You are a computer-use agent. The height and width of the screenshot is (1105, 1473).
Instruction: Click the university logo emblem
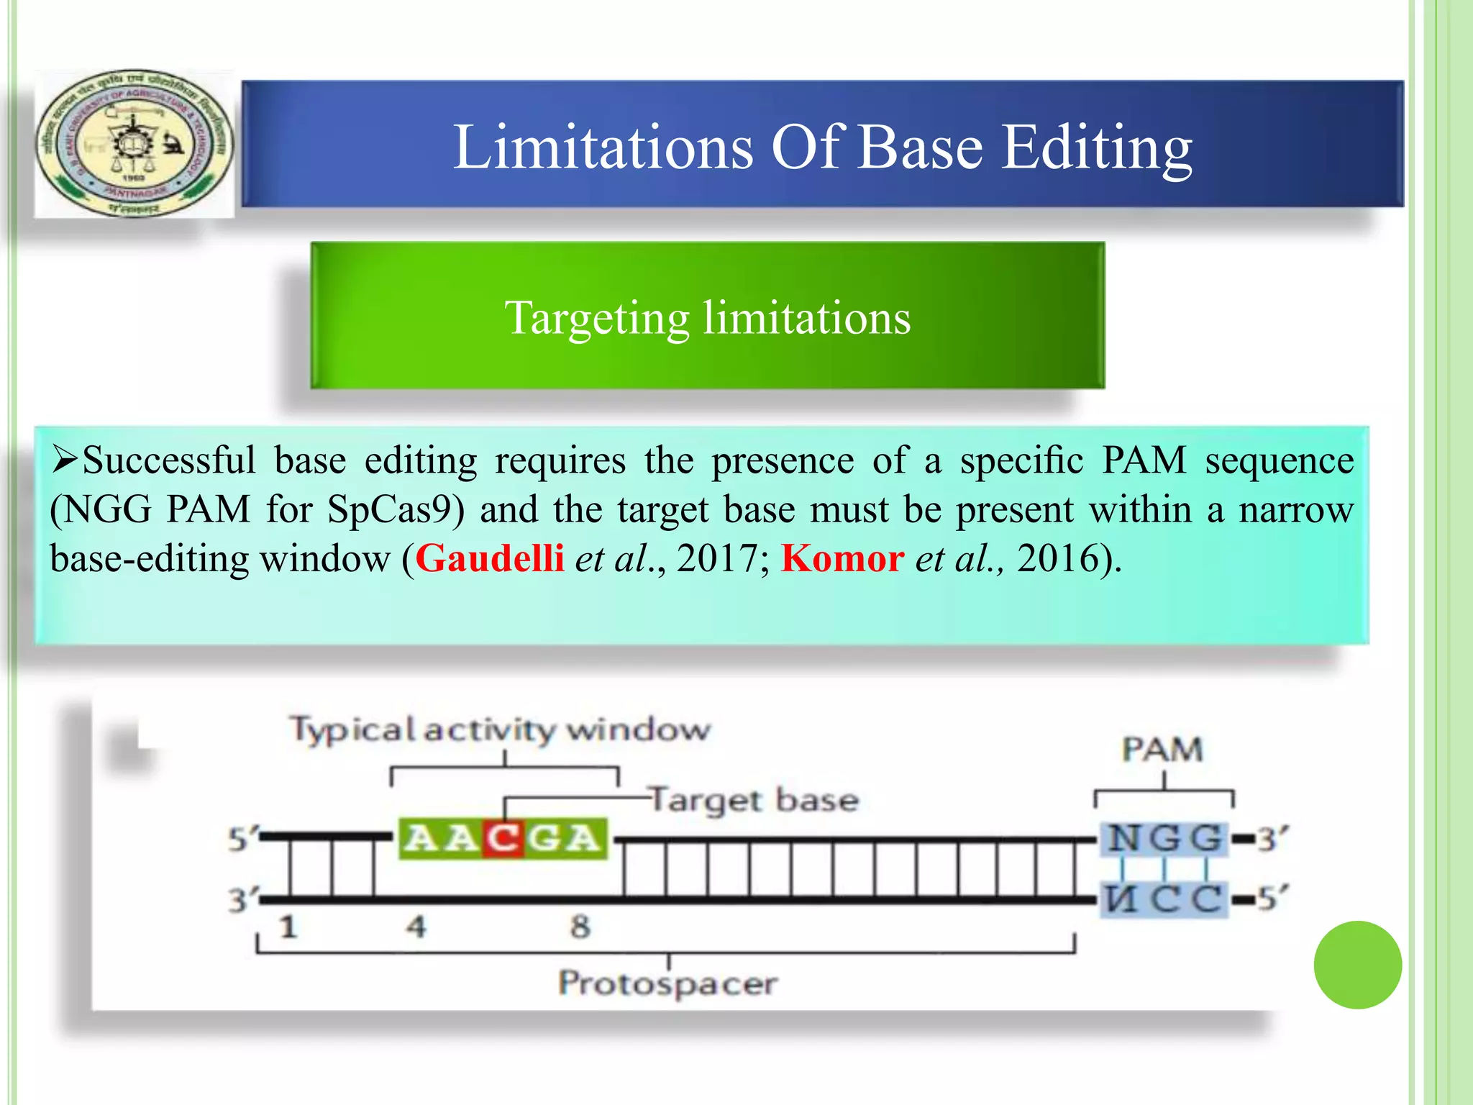coord(134,144)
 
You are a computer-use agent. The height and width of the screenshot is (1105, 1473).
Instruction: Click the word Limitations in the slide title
coord(603,147)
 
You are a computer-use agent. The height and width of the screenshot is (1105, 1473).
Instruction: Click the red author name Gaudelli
coord(490,558)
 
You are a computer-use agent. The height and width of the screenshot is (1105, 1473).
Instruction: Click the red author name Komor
coord(842,558)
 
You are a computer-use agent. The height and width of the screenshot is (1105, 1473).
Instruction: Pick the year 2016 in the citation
coord(1057,558)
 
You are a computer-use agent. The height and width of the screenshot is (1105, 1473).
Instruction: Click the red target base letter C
coord(503,839)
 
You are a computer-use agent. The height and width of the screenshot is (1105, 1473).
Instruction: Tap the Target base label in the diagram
coord(754,801)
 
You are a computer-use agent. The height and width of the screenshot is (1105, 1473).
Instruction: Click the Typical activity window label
coord(500,729)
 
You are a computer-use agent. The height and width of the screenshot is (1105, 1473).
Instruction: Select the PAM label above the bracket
coord(1162,750)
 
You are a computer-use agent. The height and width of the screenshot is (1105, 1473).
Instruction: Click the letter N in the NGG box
coord(1123,838)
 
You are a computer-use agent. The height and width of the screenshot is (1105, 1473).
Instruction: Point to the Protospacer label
coord(668,983)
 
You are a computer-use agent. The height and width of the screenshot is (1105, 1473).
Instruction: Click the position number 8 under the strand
coord(580,927)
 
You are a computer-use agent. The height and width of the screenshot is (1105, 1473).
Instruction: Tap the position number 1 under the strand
coord(288,927)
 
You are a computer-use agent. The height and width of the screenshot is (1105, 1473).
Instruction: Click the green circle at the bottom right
coord(1357,965)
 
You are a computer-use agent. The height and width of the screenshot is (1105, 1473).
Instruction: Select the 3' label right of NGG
coord(1272,839)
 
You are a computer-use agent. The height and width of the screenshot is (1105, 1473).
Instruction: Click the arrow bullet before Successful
coord(65,460)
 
